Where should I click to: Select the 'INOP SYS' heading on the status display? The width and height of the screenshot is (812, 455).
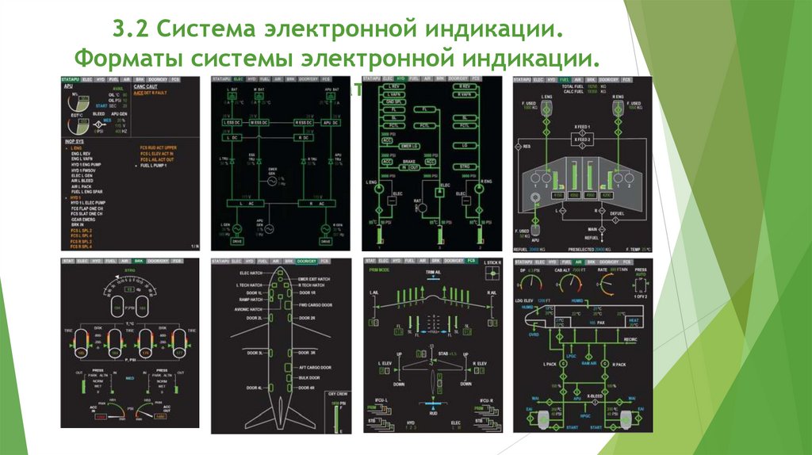pos(75,140)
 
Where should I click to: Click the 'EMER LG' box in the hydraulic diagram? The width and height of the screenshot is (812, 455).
pos(410,146)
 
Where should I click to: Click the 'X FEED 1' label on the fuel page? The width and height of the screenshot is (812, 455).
pos(584,127)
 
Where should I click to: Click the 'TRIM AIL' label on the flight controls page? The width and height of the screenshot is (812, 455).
pos(432,272)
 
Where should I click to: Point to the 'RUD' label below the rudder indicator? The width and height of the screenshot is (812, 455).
pos(432,412)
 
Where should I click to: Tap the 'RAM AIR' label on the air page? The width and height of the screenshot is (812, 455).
pos(589,363)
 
